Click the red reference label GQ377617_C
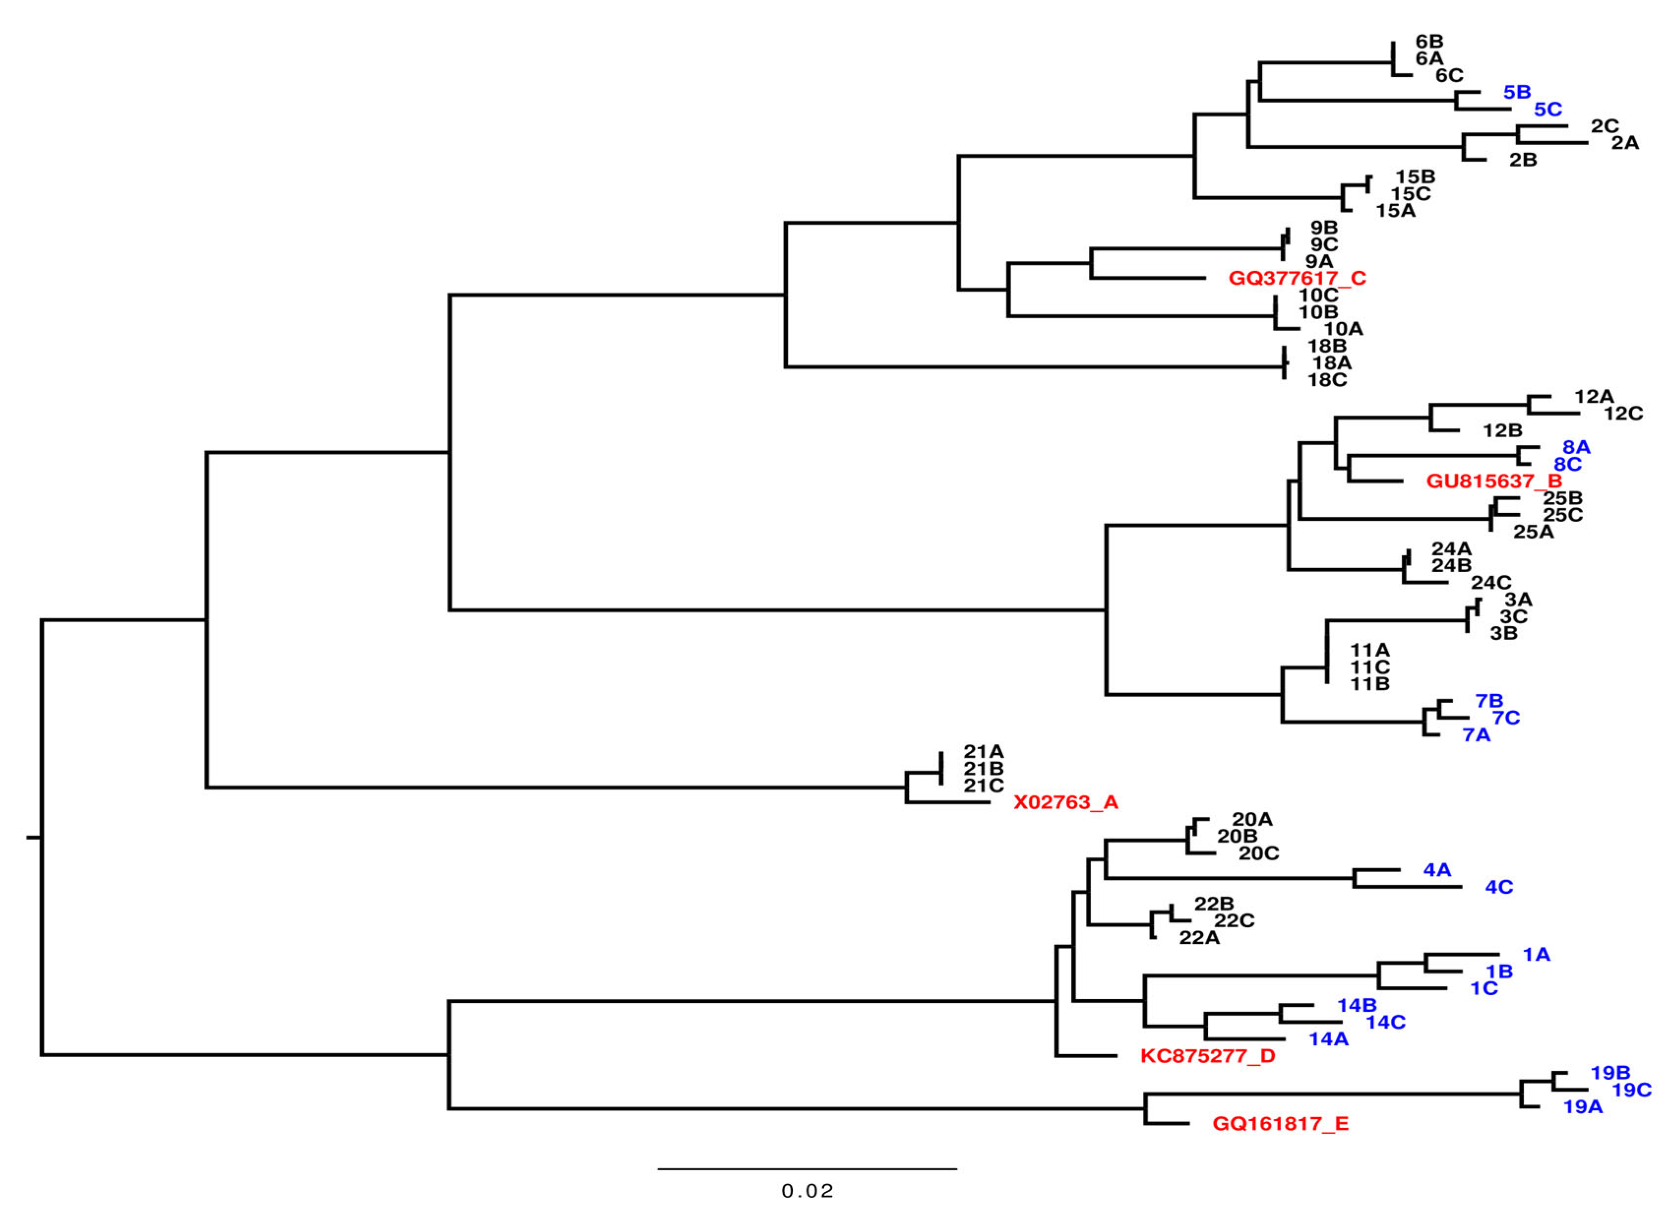coord(1297,279)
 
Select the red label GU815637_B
coord(1494,482)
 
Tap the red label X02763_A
coord(1066,802)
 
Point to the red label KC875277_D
coord(1207,1056)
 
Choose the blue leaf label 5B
coord(1517,92)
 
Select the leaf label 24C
coord(1491,583)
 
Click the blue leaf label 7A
coord(1477,735)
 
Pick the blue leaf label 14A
coord(1329,1039)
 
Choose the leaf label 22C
coord(1234,921)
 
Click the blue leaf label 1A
coord(1536,955)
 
